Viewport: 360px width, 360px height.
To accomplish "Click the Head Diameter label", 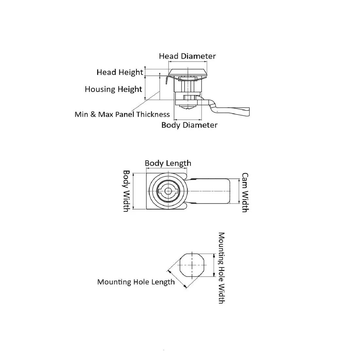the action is click(x=187, y=56).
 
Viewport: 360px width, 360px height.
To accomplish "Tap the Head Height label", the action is click(x=120, y=72).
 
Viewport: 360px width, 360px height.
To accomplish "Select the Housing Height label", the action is click(x=114, y=89).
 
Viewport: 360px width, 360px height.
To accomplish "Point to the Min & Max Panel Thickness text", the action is click(x=122, y=114).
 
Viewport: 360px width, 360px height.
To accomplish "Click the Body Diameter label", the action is click(x=189, y=125).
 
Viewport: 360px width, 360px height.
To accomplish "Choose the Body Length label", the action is click(x=168, y=163).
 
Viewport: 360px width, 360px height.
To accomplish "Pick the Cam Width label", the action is click(x=245, y=193).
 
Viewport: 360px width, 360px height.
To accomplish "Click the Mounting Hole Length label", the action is click(x=136, y=282).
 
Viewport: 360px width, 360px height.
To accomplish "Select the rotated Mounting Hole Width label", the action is click(x=221, y=268).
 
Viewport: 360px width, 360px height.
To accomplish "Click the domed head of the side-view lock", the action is click(x=188, y=72).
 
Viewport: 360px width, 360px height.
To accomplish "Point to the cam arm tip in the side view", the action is click(x=248, y=112).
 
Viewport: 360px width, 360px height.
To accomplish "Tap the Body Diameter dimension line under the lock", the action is click(x=188, y=119).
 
